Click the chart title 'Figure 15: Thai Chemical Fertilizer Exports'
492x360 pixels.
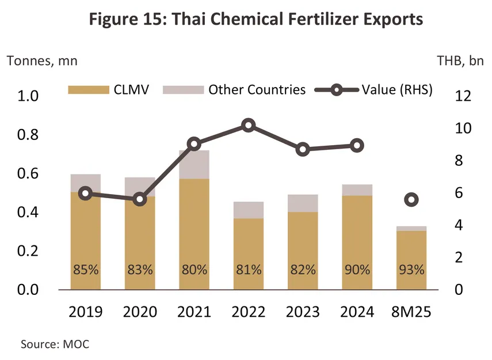pos(256,19)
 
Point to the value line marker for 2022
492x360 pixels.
pos(249,126)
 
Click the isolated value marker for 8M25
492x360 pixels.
pos(411,200)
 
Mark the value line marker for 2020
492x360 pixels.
pos(140,199)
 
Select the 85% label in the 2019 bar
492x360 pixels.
pos(86,270)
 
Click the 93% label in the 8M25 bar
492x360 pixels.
pos(411,270)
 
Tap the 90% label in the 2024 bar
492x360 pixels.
pos(357,270)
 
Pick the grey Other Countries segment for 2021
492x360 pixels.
pos(194,164)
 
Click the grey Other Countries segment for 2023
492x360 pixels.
pos(303,203)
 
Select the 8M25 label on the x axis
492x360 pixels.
pos(411,312)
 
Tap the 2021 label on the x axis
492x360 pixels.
pos(194,312)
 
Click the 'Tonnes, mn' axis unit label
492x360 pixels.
pos(41,60)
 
